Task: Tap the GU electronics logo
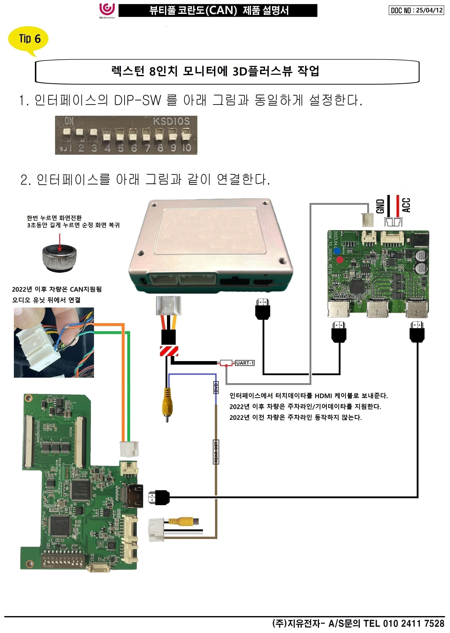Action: click(107, 10)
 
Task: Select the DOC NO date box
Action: click(416, 11)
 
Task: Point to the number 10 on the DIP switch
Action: click(187, 148)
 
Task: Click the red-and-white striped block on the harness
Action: click(169, 351)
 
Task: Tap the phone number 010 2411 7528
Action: click(414, 624)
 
